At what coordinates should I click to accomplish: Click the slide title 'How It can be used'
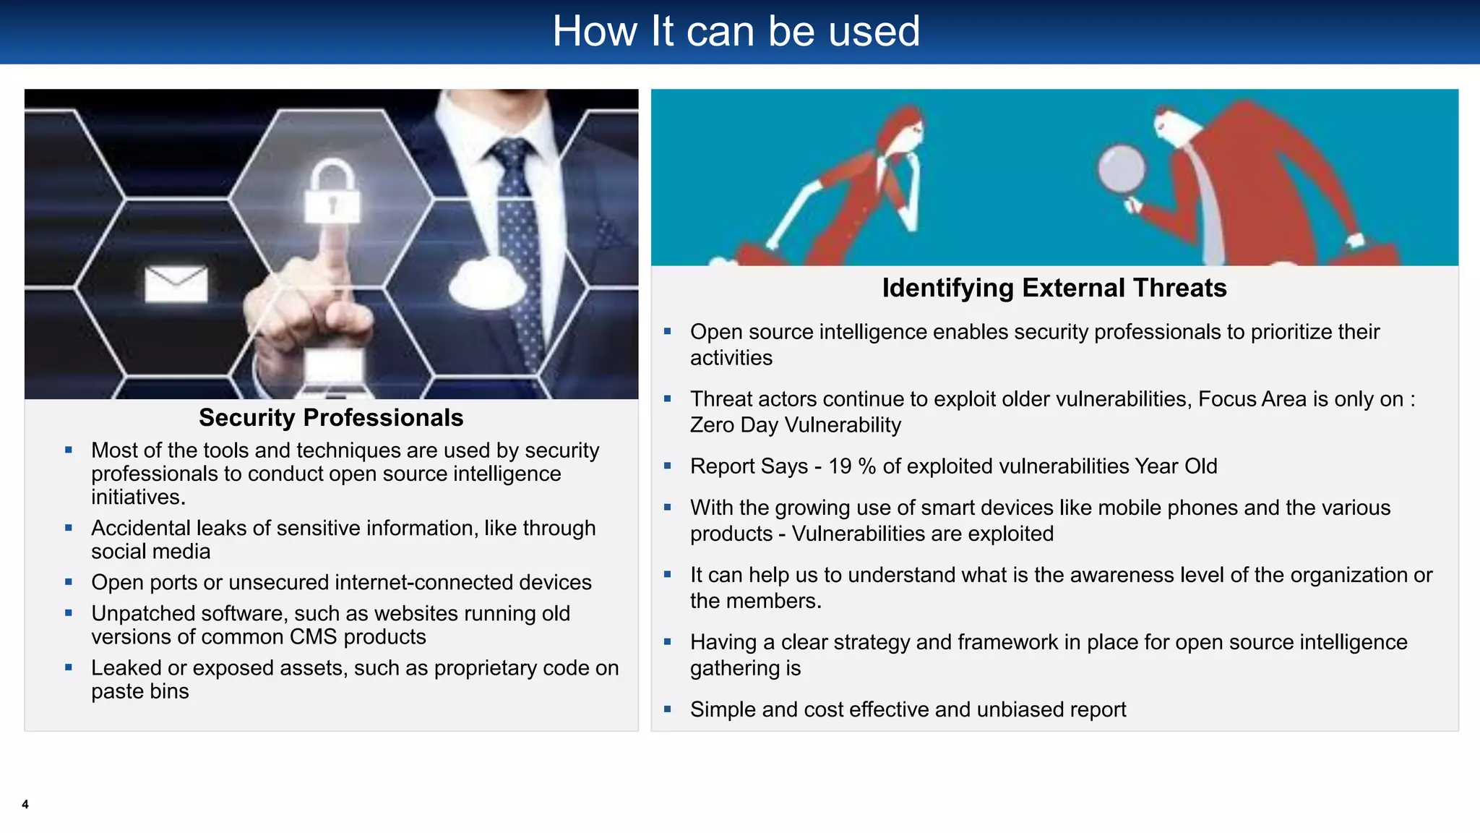736,32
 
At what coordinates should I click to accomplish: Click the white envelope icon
176,283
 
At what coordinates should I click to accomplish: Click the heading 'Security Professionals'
331,418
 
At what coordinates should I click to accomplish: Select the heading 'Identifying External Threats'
1054,288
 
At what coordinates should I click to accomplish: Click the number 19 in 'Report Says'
840,466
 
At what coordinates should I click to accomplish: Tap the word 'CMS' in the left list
313,637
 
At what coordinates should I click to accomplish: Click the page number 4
25,804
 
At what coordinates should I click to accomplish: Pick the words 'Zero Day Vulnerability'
795,425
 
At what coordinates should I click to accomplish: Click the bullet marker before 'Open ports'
69,582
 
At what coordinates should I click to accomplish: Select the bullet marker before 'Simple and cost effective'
668,709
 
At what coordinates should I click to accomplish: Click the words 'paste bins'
139,691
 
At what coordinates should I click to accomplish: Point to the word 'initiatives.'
138,497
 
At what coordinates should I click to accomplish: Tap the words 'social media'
150,552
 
